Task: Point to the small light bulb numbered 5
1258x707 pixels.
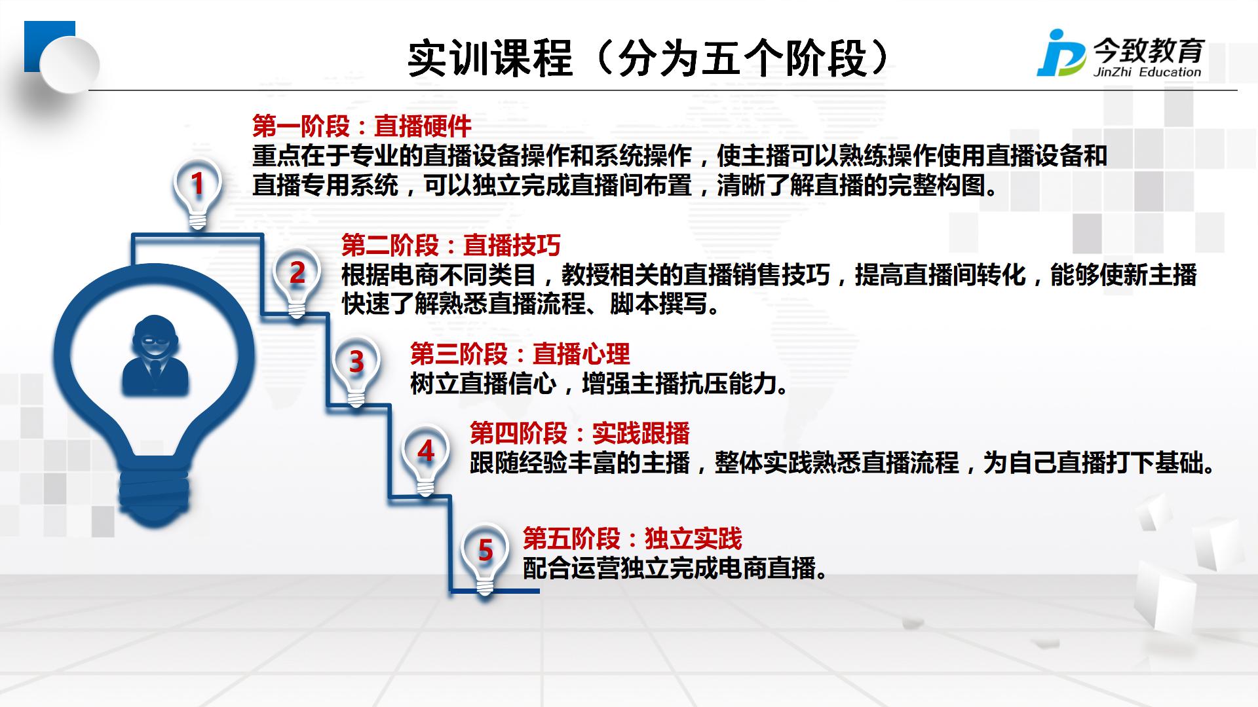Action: point(485,559)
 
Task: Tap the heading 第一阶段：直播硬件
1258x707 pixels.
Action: point(362,126)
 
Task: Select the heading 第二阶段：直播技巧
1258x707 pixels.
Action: point(451,245)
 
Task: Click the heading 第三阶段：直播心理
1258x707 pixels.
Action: point(520,354)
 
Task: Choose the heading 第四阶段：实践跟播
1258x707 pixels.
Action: point(580,433)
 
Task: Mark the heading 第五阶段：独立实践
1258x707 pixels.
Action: point(632,539)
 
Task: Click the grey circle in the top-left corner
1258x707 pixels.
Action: point(69,65)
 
